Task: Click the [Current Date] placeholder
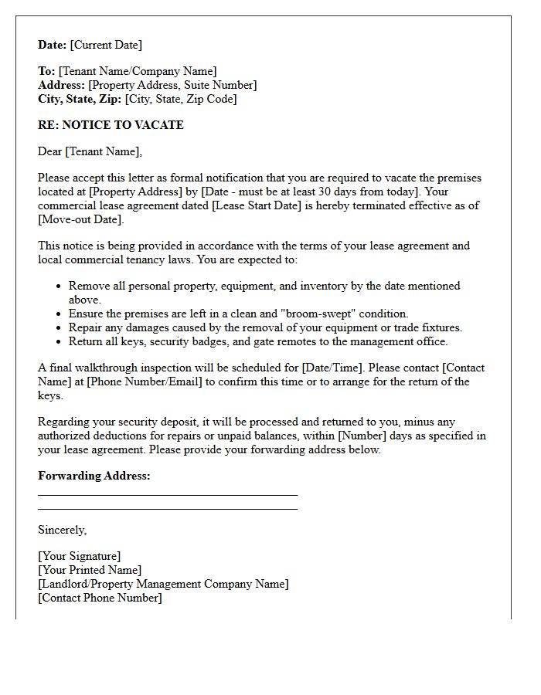107,45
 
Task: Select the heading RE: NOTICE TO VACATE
111,125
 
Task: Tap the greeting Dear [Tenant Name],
90,151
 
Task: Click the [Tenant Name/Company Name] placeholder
138,71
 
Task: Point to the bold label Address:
62,85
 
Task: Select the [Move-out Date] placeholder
80,219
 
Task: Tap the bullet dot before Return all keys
60,341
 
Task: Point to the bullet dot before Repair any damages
60,327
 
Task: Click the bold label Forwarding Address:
94,476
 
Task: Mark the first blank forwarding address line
168,495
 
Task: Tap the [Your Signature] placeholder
80,556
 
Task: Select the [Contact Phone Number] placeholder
100,598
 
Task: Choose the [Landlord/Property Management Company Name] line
163,584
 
